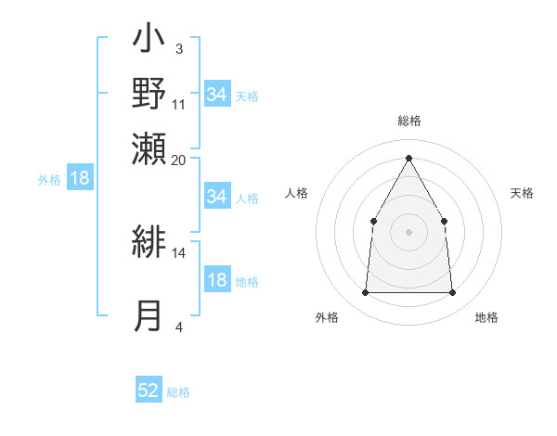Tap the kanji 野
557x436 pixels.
(x=149, y=95)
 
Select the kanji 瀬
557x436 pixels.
(x=149, y=149)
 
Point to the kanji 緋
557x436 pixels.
(x=149, y=243)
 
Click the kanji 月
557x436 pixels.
(x=149, y=315)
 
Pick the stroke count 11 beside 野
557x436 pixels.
(x=179, y=104)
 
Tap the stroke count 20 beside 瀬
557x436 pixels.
(x=179, y=160)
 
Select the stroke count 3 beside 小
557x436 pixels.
(x=179, y=48)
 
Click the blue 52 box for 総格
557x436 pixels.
(x=149, y=391)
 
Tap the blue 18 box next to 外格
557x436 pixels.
(x=80, y=178)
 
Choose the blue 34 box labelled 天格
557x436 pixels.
(x=216, y=95)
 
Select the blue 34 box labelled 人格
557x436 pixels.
(x=216, y=197)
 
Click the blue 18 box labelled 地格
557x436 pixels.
(x=216, y=281)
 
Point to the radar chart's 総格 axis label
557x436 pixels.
(x=409, y=121)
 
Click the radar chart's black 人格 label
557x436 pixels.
(x=296, y=193)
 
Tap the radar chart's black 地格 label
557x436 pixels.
(x=486, y=317)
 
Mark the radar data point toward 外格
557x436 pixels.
(x=365, y=293)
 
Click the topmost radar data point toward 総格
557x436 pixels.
(x=408, y=158)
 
